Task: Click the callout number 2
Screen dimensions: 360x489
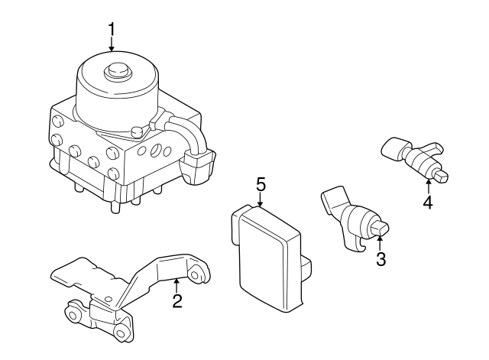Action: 176,300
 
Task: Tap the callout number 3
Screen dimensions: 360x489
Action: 380,259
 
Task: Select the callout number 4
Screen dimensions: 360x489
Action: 428,203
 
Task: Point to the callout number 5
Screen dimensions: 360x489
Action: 261,184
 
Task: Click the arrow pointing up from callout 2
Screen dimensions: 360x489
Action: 176,285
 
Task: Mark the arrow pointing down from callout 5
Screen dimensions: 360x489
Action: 261,200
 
